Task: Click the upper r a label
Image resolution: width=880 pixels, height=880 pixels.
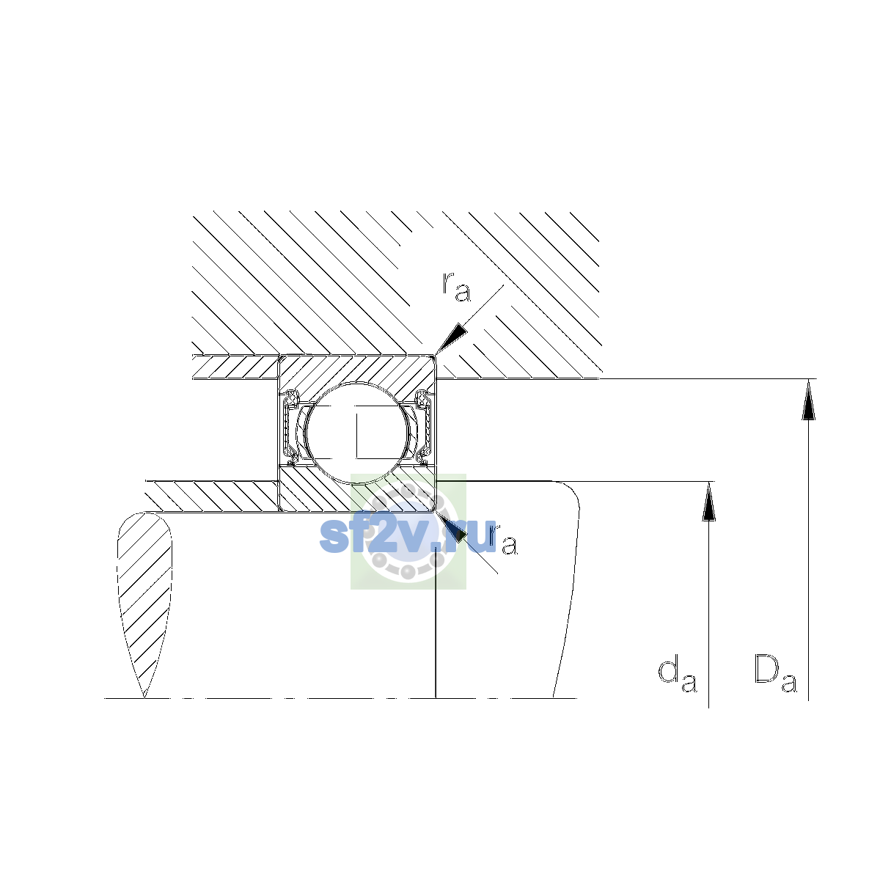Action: pyautogui.click(x=456, y=287)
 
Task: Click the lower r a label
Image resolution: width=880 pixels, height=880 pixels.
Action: pyautogui.click(x=503, y=539)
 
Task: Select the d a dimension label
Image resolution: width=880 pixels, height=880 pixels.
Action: pyautogui.click(x=678, y=682)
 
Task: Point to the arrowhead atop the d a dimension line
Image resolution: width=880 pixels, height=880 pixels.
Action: pyautogui.click(x=708, y=502)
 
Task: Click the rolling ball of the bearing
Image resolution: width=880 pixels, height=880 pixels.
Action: pyautogui.click(x=357, y=433)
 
